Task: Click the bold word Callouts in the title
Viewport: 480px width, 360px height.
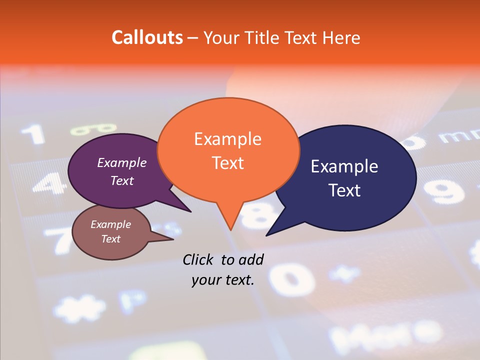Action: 147,37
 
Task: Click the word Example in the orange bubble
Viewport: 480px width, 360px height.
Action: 227,139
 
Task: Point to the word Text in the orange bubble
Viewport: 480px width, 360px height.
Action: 227,163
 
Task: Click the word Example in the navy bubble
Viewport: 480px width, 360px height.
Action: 344,166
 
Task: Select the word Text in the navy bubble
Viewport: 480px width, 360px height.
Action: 344,190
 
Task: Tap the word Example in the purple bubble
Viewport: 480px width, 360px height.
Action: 122,162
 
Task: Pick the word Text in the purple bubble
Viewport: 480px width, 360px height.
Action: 122,180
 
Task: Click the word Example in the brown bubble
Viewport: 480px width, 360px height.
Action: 110,224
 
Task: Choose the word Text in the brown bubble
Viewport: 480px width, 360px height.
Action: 110,239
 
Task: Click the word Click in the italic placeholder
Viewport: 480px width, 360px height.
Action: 199,259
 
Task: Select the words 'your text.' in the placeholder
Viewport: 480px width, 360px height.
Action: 223,280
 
